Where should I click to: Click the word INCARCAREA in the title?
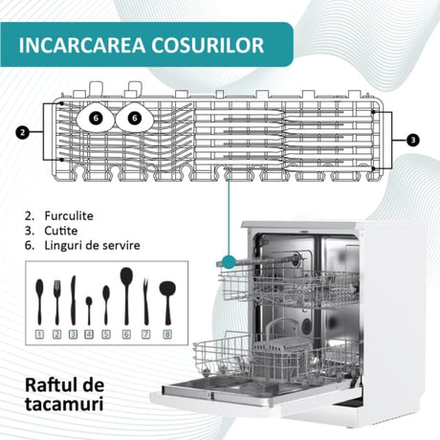tap(82, 45)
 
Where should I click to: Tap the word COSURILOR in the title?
tap(208, 45)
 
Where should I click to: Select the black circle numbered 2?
tap(22, 132)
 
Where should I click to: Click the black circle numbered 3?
tap(413, 140)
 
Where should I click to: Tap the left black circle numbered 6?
tap(96, 119)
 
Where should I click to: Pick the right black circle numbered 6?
tap(135, 119)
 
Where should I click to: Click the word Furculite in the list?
tap(69, 216)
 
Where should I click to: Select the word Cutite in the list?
tap(61, 231)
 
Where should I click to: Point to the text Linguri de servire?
tap(92, 245)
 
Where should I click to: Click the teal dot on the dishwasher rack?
tap(229, 261)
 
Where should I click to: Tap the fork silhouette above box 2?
tap(57, 302)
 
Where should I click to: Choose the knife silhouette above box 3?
tap(73, 300)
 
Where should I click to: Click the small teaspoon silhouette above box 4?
tap(89, 311)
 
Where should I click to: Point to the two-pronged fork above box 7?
tap(146, 301)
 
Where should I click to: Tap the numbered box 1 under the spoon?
tap(39, 334)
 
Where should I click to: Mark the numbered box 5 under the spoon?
tap(106, 334)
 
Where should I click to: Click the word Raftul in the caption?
tap(51, 385)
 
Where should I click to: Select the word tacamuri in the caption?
tap(64, 404)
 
